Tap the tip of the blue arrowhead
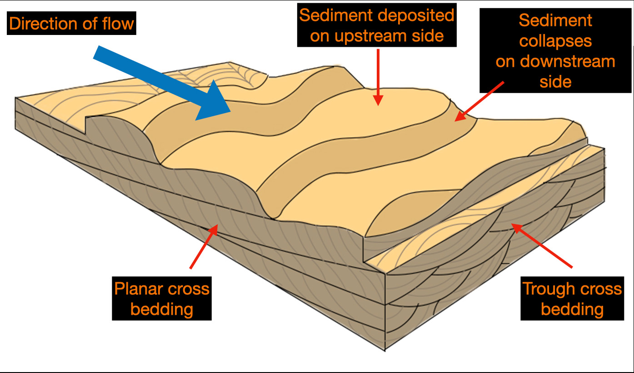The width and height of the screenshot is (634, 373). point(231,112)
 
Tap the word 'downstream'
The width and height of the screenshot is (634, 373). point(568,61)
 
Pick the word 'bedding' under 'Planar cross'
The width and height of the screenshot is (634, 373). point(162,309)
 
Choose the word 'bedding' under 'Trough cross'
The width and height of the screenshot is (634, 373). point(572,309)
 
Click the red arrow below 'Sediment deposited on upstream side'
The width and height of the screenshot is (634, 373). point(378,77)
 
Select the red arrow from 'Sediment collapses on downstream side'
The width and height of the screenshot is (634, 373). point(479,101)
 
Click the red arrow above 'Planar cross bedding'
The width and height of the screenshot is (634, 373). point(204,246)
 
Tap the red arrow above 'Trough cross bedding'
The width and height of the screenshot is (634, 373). point(542,245)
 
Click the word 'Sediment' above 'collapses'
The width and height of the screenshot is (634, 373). point(555,20)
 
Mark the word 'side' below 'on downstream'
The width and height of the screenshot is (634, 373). point(555,82)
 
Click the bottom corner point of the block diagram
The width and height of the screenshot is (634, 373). point(385,351)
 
